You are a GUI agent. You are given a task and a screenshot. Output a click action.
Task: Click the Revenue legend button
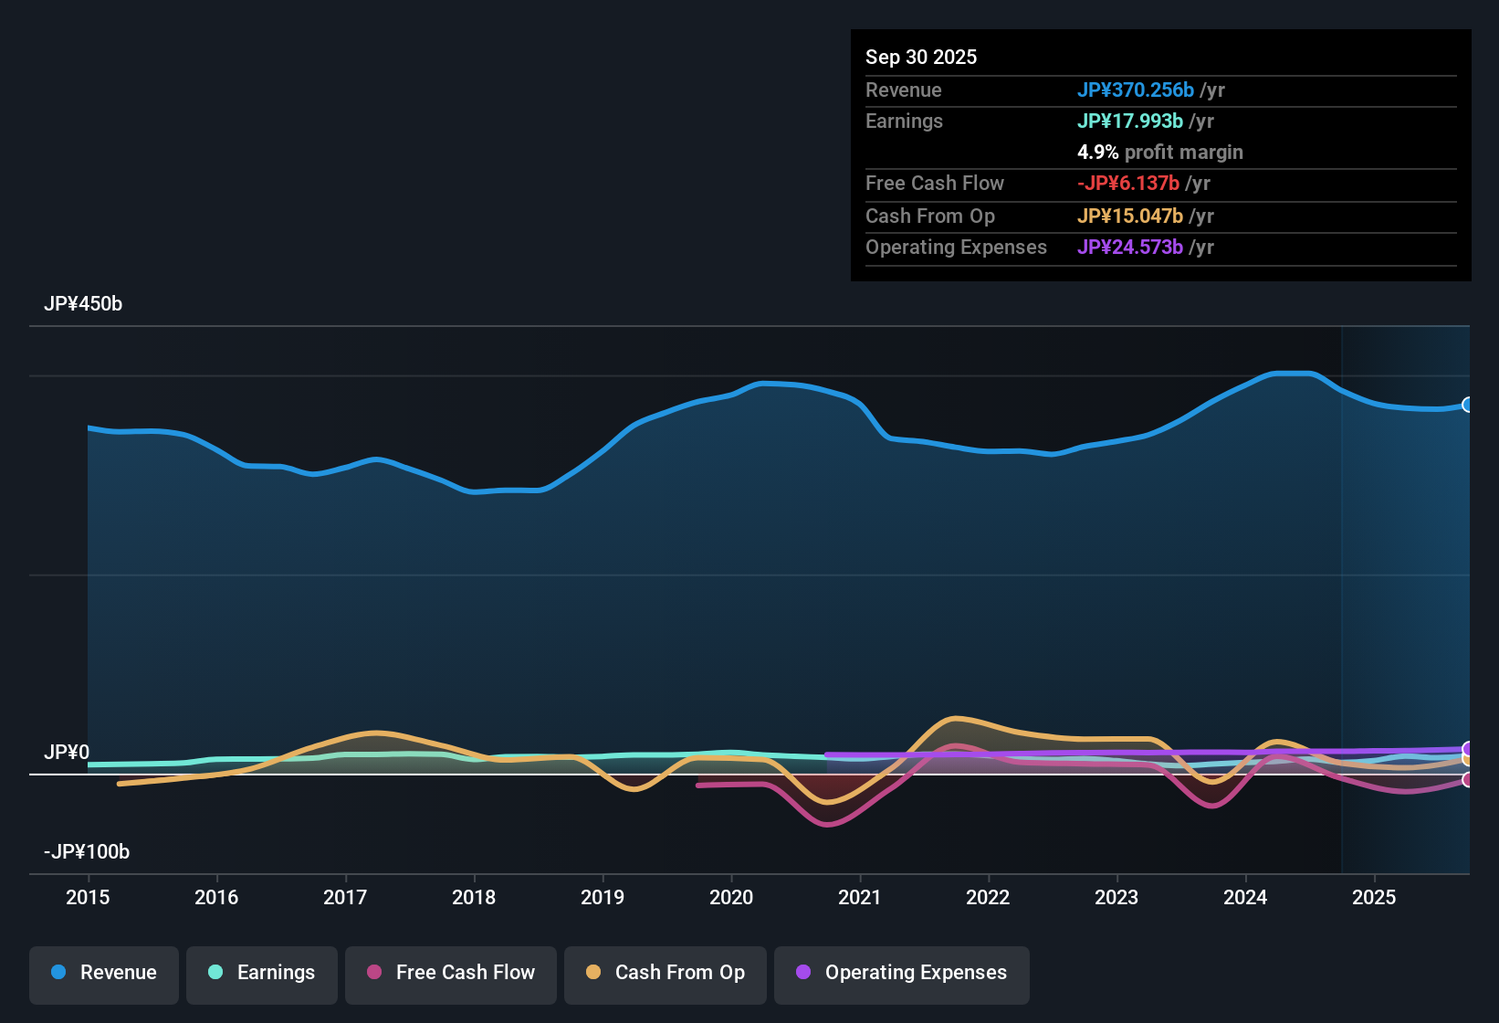[x=104, y=973]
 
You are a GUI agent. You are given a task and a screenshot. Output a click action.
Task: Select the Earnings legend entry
[x=262, y=973]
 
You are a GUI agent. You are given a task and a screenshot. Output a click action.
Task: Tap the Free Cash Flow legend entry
[x=451, y=973]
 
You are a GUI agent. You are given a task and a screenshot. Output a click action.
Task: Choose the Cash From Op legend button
[x=666, y=973]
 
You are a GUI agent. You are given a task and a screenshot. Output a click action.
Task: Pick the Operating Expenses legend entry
[x=902, y=973]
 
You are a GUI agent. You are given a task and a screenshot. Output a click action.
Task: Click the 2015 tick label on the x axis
[x=88, y=898]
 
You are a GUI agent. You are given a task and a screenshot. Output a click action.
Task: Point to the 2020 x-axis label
[x=731, y=898]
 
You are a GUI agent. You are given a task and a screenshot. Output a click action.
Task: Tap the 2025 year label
[x=1374, y=898]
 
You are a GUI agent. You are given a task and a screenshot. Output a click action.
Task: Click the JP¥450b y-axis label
[x=83, y=304]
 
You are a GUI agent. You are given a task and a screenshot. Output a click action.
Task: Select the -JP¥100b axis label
[x=87, y=852]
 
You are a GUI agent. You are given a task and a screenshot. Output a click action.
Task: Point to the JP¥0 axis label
[x=67, y=753]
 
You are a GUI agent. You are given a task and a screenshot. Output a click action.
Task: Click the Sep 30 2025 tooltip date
[x=920, y=58]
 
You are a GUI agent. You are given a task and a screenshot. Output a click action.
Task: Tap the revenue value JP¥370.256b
[x=1135, y=90]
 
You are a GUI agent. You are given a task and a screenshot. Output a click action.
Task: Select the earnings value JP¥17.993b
[x=1129, y=121]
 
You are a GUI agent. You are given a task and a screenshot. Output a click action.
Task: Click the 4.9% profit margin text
[x=1159, y=153]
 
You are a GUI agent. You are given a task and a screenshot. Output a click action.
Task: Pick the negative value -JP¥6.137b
[x=1127, y=184]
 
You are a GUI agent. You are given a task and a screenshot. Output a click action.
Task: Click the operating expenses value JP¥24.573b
[x=1129, y=248]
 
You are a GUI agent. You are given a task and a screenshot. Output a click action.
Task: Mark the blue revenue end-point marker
[x=1467, y=405]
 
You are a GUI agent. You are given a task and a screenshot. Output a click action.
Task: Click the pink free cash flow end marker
[x=1467, y=780]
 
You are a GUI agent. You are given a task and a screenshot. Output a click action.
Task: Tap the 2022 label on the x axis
[x=988, y=898]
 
